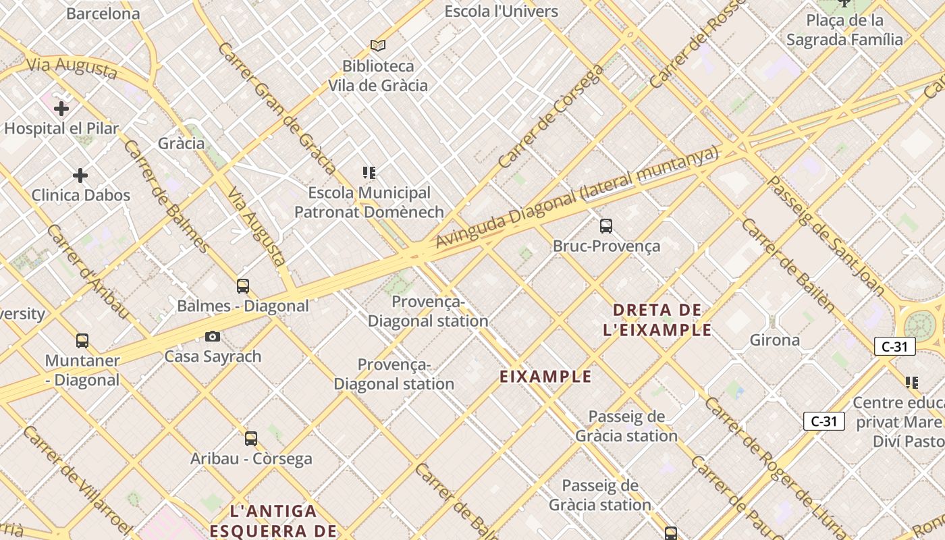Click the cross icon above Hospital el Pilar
(x=61, y=108)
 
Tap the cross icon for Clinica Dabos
(x=80, y=175)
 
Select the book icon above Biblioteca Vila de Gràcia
(x=378, y=45)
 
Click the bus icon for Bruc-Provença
(x=606, y=226)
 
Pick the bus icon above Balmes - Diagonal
(x=243, y=286)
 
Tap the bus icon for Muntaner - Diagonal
(x=82, y=341)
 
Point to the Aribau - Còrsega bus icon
(x=251, y=439)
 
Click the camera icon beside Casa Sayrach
(x=213, y=336)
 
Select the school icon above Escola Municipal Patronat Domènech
(x=369, y=173)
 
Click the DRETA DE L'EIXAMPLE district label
(x=662, y=320)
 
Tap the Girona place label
(x=775, y=340)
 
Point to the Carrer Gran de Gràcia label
(x=277, y=108)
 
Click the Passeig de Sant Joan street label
(x=826, y=236)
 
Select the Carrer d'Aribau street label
(x=88, y=271)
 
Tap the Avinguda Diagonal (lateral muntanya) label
(x=577, y=198)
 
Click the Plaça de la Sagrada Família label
(x=844, y=30)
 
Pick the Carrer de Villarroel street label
(x=78, y=479)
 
